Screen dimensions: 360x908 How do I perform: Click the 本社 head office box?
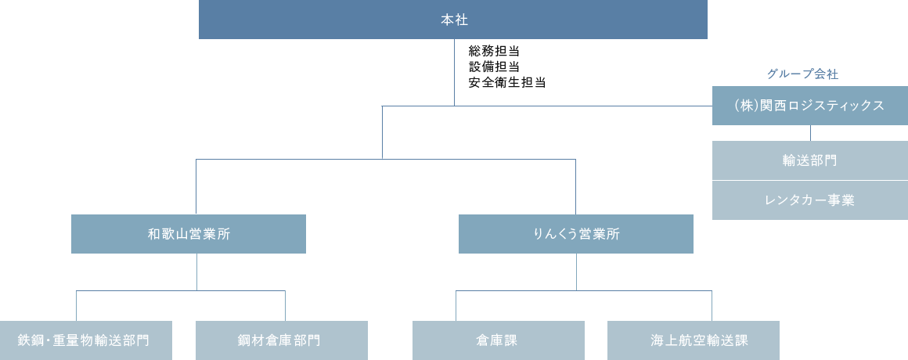tap(453, 20)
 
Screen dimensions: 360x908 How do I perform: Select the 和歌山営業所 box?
tap(188, 234)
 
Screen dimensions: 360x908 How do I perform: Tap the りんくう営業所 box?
tap(575, 234)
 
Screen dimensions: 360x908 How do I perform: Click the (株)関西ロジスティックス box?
tap(809, 106)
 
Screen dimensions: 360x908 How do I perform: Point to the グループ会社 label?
tap(802, 74)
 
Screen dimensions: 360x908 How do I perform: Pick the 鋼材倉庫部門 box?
tap(280, 340)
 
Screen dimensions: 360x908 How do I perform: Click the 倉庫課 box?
tap(498, 340)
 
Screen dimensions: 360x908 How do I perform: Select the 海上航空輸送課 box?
tap(693, 340)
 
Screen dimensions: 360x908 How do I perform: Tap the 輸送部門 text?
tap(809, 160)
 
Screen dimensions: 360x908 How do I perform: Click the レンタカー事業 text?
tap(809, 200)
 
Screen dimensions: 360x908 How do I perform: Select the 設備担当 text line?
tap(495, 67)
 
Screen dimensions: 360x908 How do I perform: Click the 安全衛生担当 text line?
tap(506, 81)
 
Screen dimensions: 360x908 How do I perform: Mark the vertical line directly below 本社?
tap(454, 72)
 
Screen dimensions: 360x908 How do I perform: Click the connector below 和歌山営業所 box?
tap(196, 272)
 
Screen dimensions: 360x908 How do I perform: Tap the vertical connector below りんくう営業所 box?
tap(577, 272)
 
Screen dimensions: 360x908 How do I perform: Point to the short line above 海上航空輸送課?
tap(712, 305)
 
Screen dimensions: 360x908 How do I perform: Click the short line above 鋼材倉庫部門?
tap(285, 305)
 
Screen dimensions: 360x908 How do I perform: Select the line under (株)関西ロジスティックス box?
tap(810, 133)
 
